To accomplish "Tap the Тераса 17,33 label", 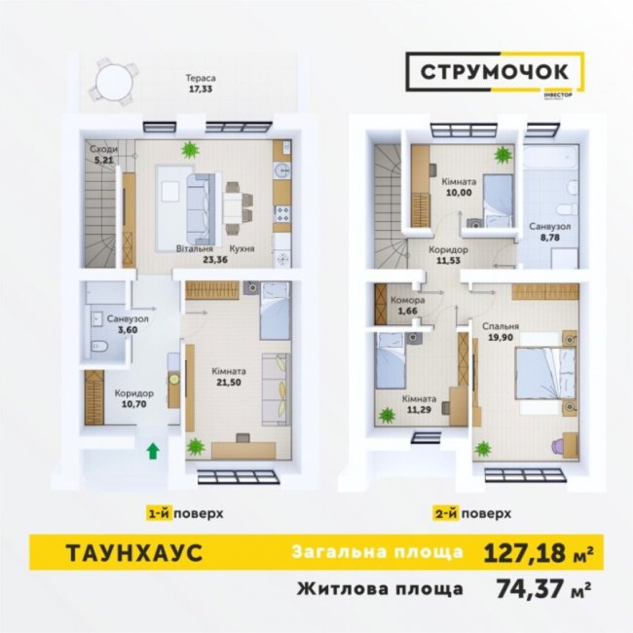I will coord(203,84).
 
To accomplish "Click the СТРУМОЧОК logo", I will coord(494,72).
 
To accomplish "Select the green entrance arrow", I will coord(152,449).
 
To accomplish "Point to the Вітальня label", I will coord(195,249).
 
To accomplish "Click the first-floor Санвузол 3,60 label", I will coord(128,323).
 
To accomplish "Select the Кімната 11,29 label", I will coord(418,405).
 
